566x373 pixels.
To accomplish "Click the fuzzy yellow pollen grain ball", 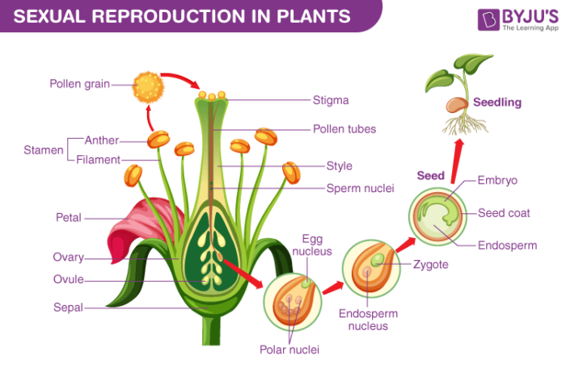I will point(146,83).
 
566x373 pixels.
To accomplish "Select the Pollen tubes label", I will point(344,128).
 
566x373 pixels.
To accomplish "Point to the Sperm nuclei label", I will point(360,188).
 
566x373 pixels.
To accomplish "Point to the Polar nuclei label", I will point(289,350).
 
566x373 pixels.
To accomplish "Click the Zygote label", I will point(430,264).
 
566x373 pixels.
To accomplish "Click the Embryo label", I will point(497,181).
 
